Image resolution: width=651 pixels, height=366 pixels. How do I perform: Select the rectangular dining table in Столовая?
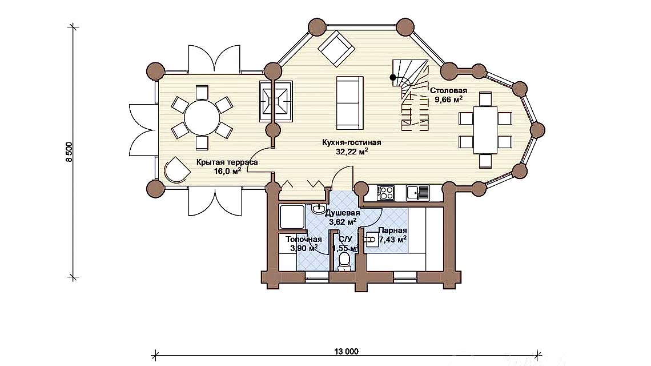tap(486, 130)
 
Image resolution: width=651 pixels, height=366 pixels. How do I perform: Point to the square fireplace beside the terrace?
tap(276, 101)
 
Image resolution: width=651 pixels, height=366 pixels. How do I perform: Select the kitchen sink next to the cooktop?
tap(419, 193)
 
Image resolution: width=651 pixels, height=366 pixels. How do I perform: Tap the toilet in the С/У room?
tap(344, 261)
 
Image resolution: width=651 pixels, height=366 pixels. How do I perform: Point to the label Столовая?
tap(448, 91)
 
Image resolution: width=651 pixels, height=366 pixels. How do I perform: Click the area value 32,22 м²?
tap(352, 152)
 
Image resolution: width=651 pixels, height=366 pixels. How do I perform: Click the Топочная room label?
tap(304, 239)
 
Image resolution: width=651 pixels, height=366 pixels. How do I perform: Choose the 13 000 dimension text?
tap(344, 352)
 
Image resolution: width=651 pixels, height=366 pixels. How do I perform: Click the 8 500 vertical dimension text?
tap(69, 153)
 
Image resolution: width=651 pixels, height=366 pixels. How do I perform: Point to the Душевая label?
tap(343, 213)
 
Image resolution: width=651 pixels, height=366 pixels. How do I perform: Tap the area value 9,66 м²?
tap(448, 100)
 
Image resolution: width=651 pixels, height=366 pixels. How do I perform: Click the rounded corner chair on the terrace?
tap(176, 170)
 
